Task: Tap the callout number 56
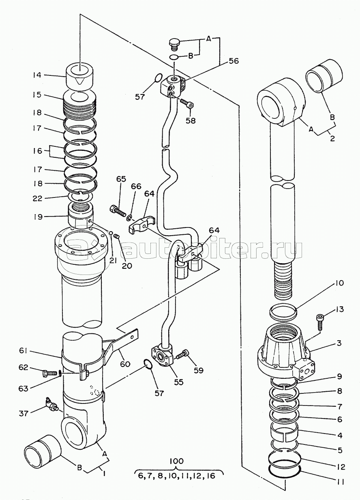[x=234, y=61]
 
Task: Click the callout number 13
[x=339, y=309]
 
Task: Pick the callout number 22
[x=37, y=198]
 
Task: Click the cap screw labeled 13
[x=320, y=322]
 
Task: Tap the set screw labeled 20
[x=117, y=236]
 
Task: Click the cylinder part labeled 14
[x=80, y=77]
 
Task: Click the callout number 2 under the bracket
[x=332, y=138]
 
